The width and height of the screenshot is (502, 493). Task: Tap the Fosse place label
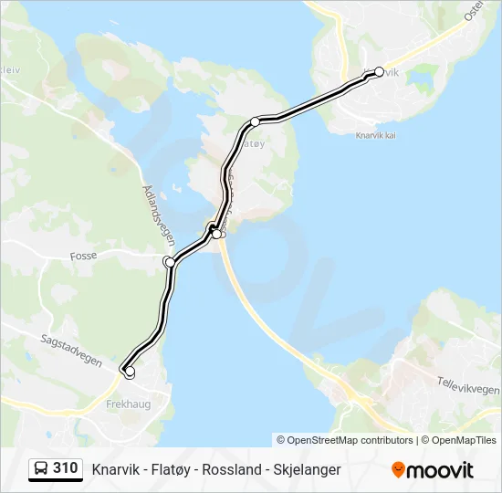click(x=83, y=257)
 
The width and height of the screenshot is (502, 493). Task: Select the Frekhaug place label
click(x=127, y=402)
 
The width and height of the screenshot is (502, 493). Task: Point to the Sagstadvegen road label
click(x=70, y=350)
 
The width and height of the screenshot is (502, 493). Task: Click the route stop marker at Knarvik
click(x=380, y=71)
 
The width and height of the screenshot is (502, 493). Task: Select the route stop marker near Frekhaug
click(x=130, y=372)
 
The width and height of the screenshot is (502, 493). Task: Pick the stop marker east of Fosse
click(x=170, y=262)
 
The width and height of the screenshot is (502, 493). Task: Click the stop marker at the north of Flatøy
click(x=256, y=121)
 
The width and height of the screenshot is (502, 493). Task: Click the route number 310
click(x=66, y=468)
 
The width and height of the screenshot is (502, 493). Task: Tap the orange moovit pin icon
click(x=398, y=470)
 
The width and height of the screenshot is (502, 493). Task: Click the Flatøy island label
click(x=255, y=142)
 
